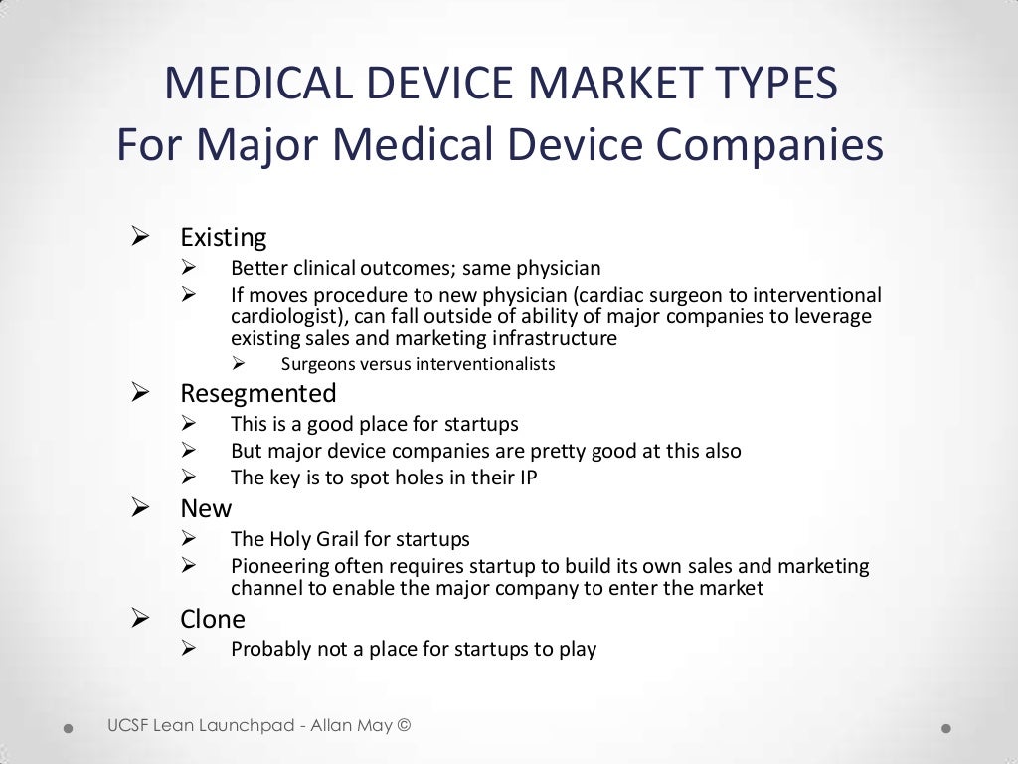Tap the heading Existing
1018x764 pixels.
(x=224, y=238)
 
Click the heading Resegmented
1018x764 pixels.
(x=258, y=393)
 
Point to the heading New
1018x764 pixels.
(x=206, y=508)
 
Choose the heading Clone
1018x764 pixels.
(x=213, y=620)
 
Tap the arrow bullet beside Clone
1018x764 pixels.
(x=140, y=619)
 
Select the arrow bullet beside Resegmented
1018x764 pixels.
(x=140, y=392)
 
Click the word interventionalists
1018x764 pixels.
(x=485, y=364)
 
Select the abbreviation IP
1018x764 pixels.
(x=527, y=477)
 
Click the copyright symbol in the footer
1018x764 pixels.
(x=403, y=725)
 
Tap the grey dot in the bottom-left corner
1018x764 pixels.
(x=69, y=728)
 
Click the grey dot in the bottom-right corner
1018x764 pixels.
(x=946, y=728)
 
